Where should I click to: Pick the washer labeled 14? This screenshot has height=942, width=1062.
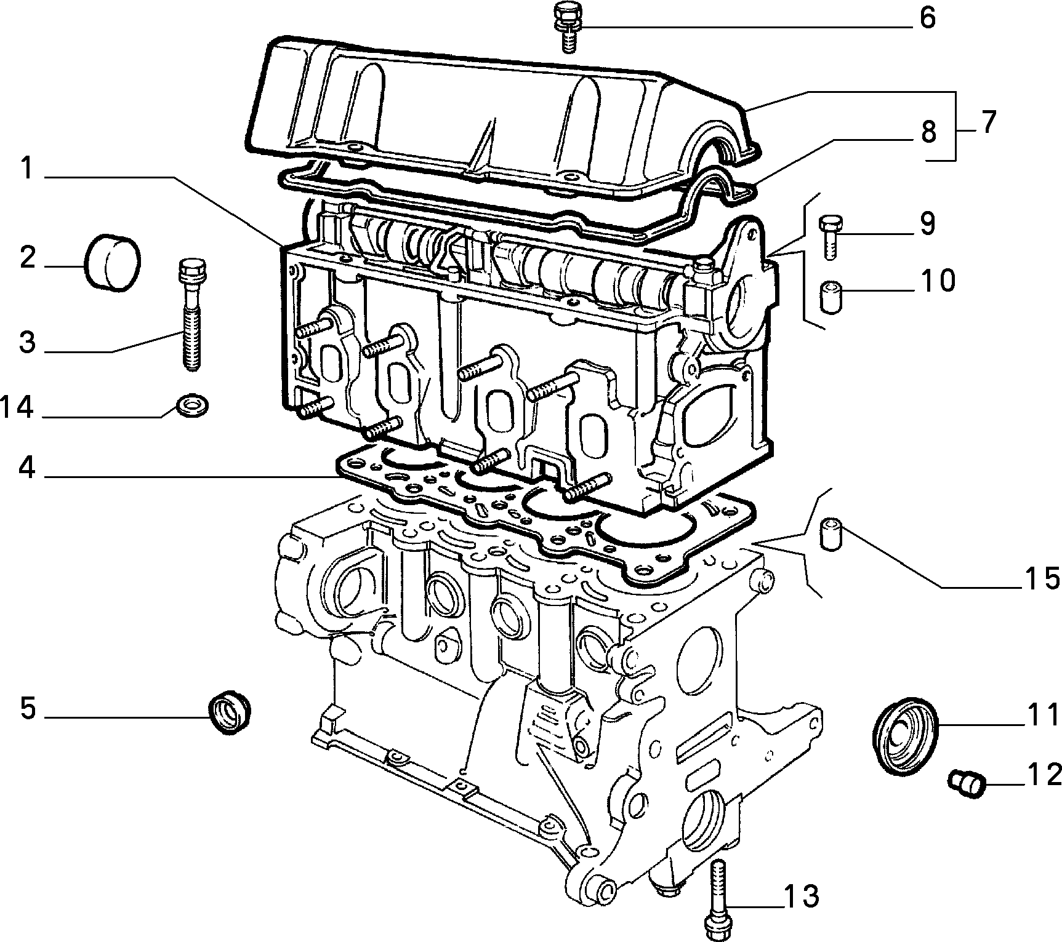pos(192,405)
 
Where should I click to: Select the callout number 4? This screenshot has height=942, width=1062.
pos(27,468)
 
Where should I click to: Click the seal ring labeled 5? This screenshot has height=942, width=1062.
pos(230,712)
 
